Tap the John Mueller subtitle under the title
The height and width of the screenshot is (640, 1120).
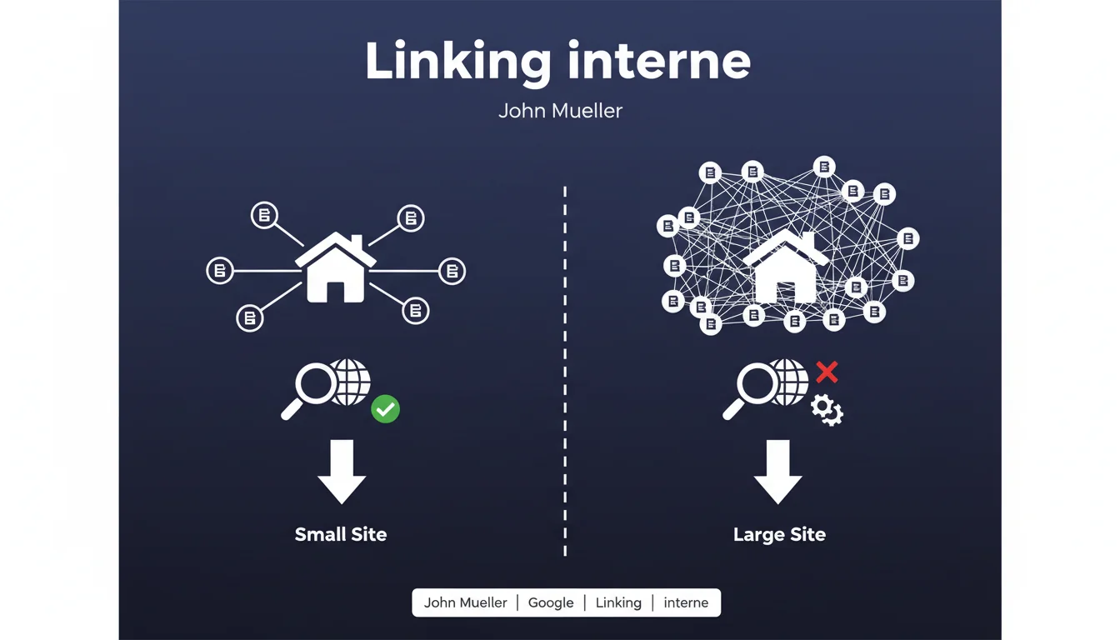click(x=560, y=111)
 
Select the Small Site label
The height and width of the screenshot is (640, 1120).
click(x=341, y=534)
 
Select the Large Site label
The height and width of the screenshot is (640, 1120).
click(x=779, y=534)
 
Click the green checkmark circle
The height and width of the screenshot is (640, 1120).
click(x=385, y=409)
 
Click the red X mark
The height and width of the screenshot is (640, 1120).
click(x=826, y=372)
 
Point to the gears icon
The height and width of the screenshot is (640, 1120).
click(x=827, y=409)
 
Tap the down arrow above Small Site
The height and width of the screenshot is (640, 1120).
click(x=342, y=471)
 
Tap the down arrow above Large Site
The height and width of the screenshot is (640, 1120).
click(x=777, y=471)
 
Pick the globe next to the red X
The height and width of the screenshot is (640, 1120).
click(x=789, y=382)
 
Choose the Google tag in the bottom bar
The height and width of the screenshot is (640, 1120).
click(x=551, y=602)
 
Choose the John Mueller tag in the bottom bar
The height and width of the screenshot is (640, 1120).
click(x=465, y=602)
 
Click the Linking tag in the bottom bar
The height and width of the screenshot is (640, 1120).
click(x=618, y=602)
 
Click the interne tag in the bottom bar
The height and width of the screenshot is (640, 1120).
click(x=686, y=602)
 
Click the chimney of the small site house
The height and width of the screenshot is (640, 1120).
click(x=356, y=242)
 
